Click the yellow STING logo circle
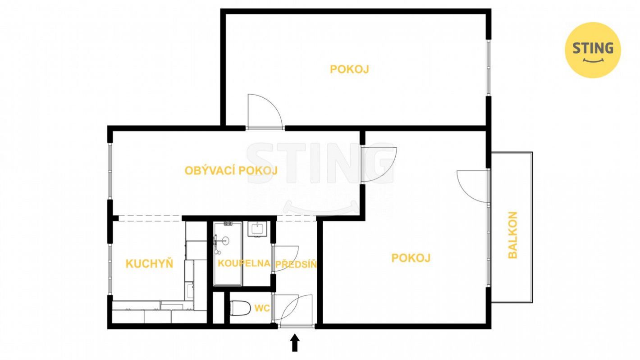(593, 50)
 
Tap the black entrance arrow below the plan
(295, 343)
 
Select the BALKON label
(513, 235)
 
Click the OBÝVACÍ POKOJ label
(231, 171)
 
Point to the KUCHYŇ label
(150, 264)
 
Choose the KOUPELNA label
(244, 263)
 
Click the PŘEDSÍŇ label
(296, 264)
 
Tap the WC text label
(262, 308)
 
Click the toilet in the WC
(239, 308)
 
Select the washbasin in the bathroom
(257, 229)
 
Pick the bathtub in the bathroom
(228, 253)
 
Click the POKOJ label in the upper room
(349, 69)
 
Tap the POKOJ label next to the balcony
(411, 258)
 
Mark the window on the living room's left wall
(110, 171)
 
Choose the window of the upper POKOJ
(489, 68)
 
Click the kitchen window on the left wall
(110, 269)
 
